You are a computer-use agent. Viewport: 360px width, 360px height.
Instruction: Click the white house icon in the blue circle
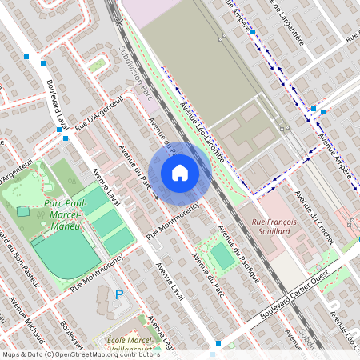tap(180, 173)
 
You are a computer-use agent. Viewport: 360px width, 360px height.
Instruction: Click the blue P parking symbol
tap(120, 294)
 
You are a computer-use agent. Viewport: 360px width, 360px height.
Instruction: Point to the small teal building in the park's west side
tap(22, 211)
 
